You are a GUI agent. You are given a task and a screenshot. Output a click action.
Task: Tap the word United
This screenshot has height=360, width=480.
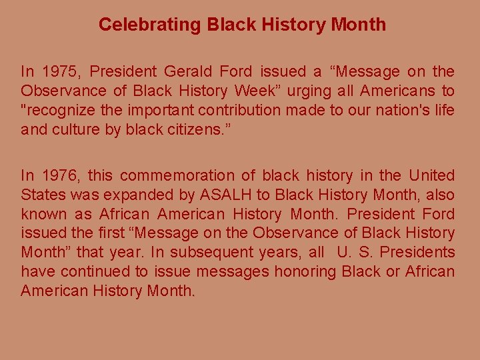[x=432, y=176]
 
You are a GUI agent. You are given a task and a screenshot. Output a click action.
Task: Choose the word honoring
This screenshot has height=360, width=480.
[x=303, y=272]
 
